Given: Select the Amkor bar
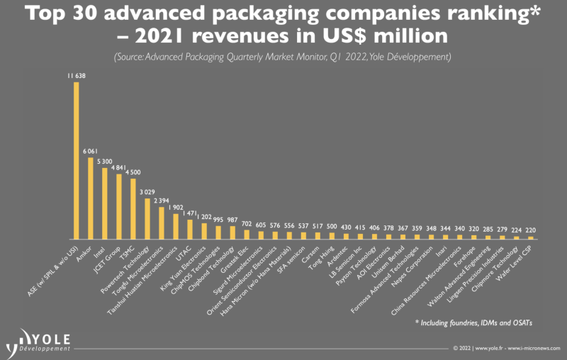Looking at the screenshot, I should pyautogui.click(x=91, y=198).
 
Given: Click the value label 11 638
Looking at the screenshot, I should pyautogui.click(x=77, y=77).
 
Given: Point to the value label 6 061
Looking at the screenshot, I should pyautogui.click(x=91, y=151).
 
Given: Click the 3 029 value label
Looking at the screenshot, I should pyautogui.click(x=147, y=192).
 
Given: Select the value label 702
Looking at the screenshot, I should pyautogui.click(x=247, y=223).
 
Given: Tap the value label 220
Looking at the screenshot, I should pyautogui.click(x=531, y=230).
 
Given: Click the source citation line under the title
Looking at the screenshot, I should pyautogui.click(x=283, y=56).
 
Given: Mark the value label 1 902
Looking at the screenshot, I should pyautogui.click(x=176, y=207).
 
